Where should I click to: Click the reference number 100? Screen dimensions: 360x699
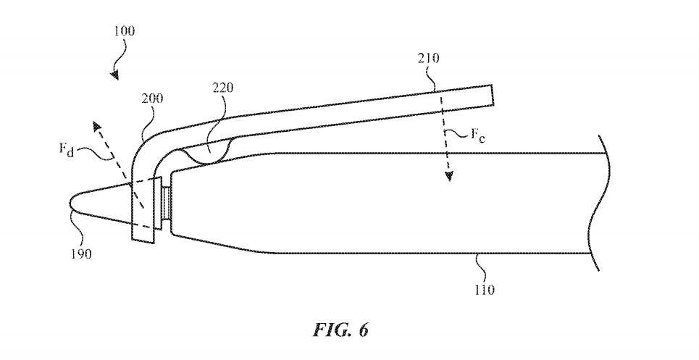pos(124,31)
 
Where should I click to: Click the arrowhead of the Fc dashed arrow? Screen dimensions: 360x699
pos(448,177)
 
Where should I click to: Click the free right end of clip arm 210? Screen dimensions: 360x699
pos(491,94)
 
